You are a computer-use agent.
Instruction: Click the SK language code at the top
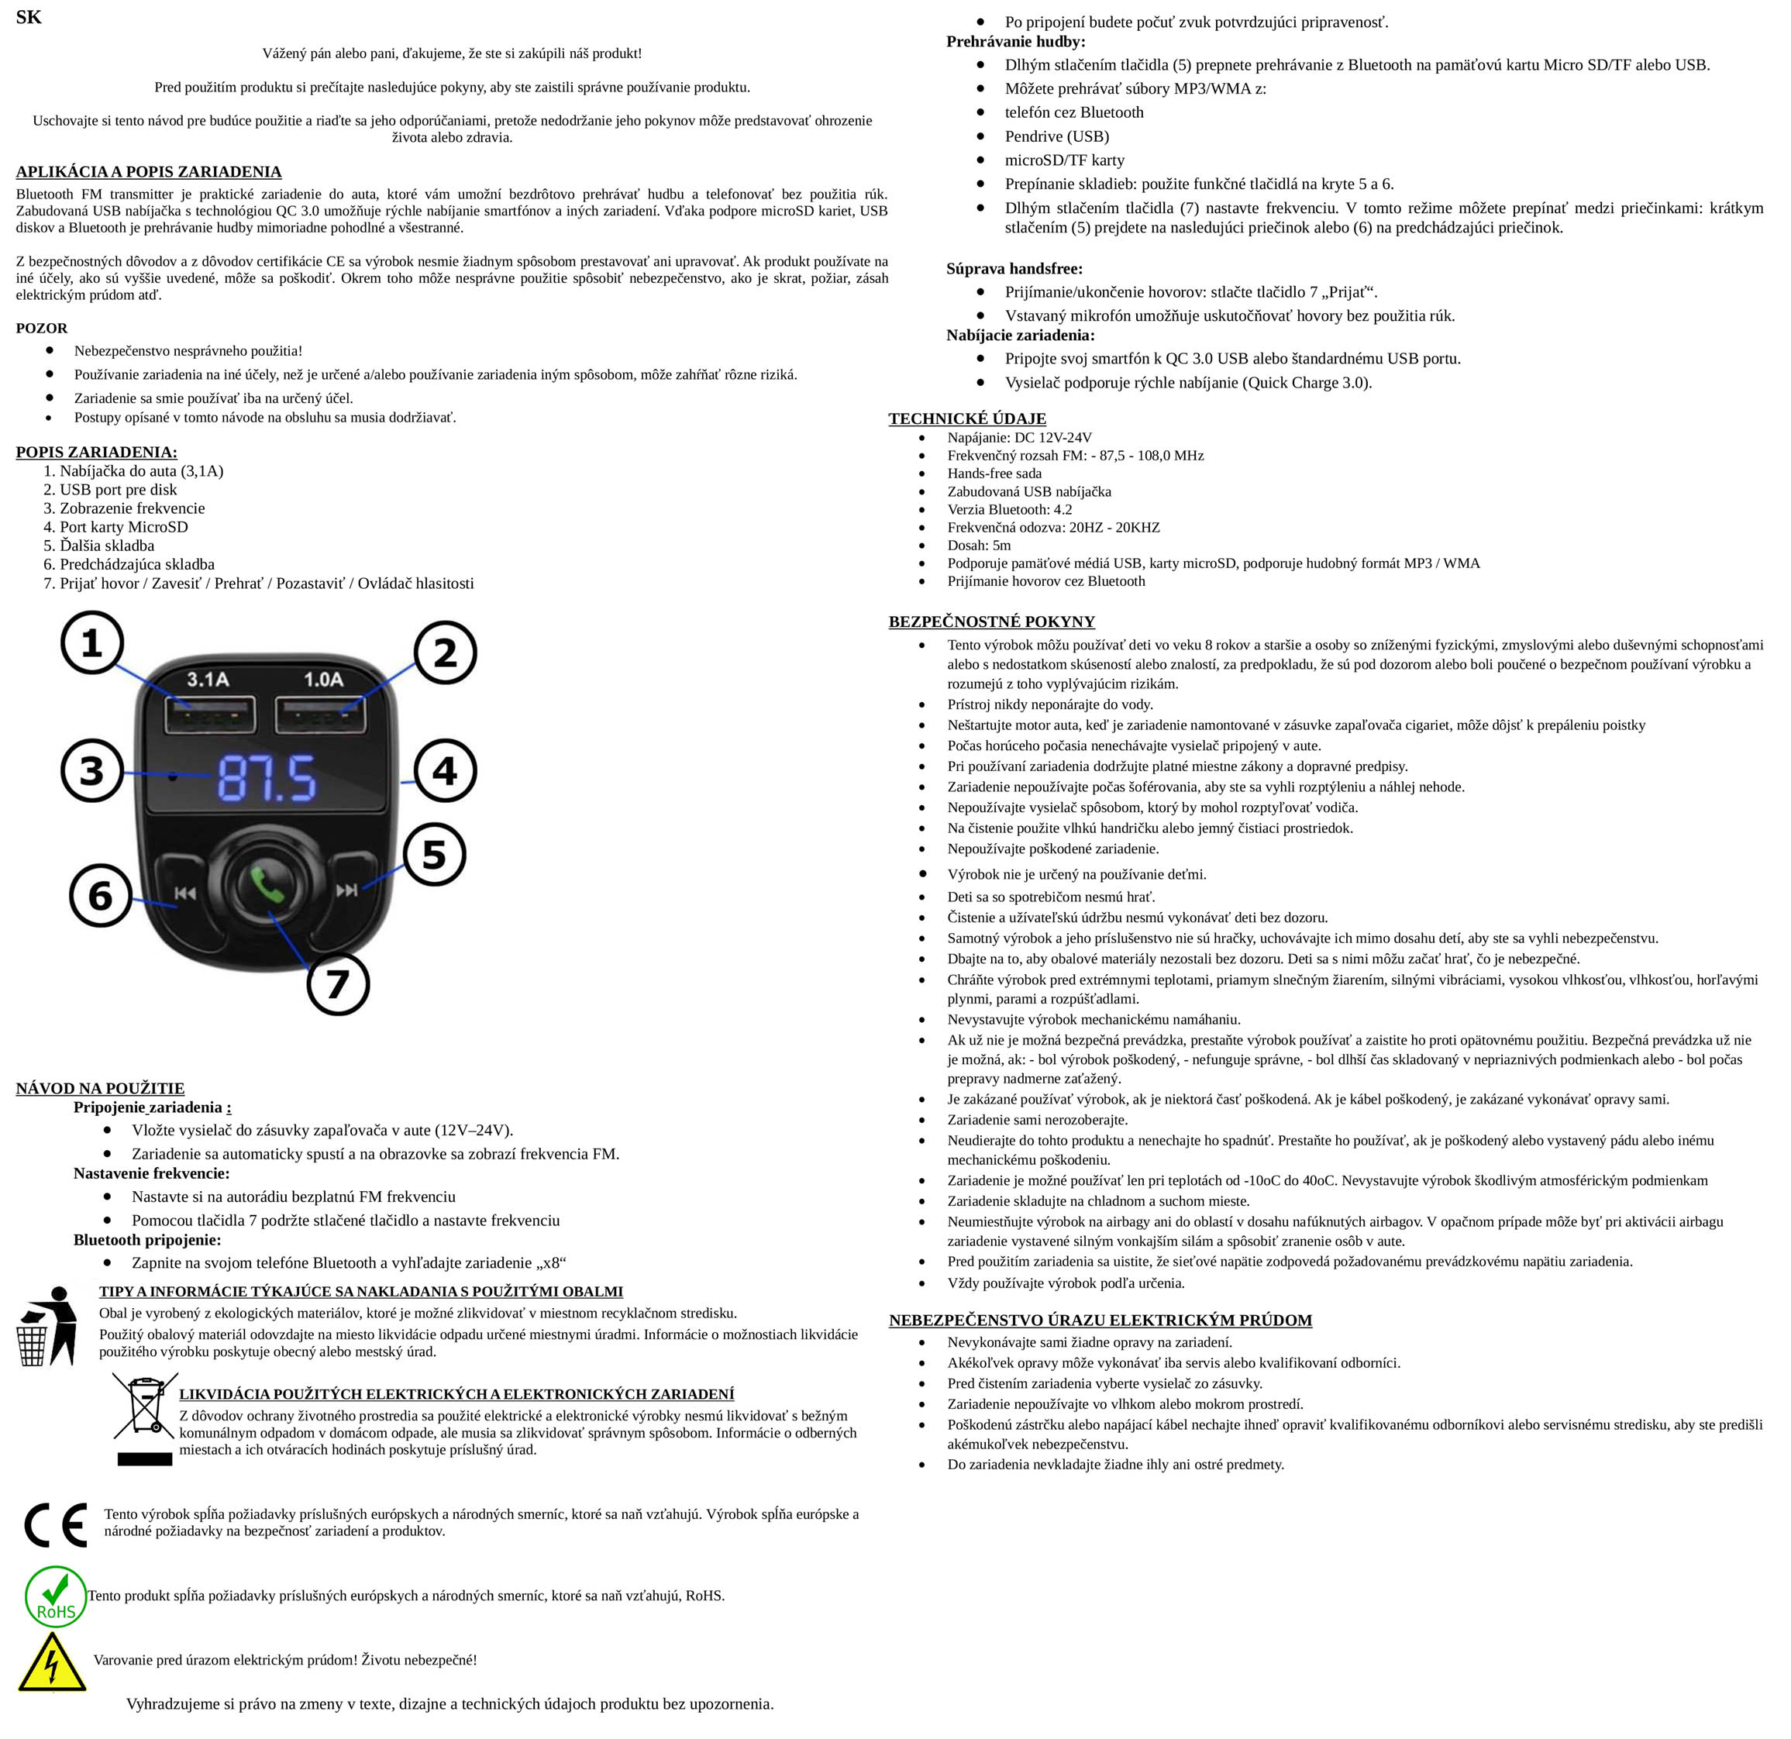click(x=29, y=17)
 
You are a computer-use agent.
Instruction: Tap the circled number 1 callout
click(x=92, y=643)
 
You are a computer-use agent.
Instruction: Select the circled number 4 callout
click(x=445, y=770)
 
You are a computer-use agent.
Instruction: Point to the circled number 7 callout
click(x=338, y=983)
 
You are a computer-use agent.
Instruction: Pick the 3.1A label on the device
click(x=208, y=679)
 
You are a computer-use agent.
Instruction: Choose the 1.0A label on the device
click(x=323, y=679)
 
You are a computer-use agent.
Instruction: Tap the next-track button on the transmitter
click(x=346, y=889)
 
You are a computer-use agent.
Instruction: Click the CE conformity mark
click(x=56, y=1525)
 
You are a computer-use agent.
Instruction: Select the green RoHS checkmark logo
click(x=56, y=1596)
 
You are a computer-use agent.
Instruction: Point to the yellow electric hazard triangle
click(x=52, y=1662)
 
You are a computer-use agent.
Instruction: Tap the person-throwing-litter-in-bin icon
click(x=47, y=1326)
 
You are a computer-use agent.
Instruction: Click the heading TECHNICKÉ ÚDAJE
click(x=966, y=418)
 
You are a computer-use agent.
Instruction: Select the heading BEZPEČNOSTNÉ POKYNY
click(x=991, y=622)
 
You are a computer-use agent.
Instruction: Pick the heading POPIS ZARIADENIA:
click(x=96, y=452)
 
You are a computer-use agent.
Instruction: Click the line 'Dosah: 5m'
click(x=979, y=546)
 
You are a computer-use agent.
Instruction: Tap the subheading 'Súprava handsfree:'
click(x=1014, y=269)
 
